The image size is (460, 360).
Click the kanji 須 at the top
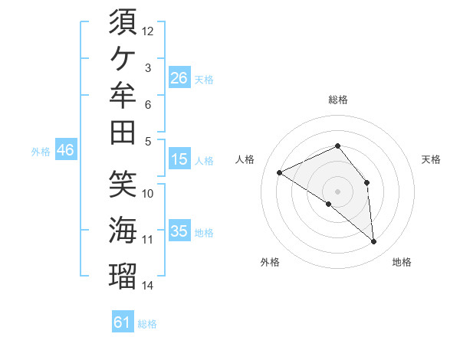pyautogui.click(x=123, y=21)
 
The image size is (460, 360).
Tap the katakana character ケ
pyautogui.click(x=123, y=58)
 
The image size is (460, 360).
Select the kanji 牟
pyautogui.click(x=123, y=95)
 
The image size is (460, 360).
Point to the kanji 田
pyautogui.click(x=123, y=133)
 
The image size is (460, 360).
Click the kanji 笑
pyautogui.click(x=123, y=184)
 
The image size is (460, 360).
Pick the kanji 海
pyautogui.click(x=123, y=230)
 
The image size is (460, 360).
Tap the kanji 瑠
pyautogui.click(x=123, y=276)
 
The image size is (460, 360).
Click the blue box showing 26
pyautogui.click(x=179, y=77)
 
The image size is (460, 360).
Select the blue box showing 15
pyautogui.click(x=179, y=159)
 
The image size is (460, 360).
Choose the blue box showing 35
pyautogui.click(x=179, y=230)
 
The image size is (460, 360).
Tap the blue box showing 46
pyautogui.click(x=66, y=149)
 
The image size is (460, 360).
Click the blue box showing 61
pyautogui.click(x=123, y=321)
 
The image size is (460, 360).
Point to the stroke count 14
pyautogui.click(x=147, y=286)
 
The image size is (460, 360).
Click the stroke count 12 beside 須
pyautogui.click(x=147, y=31)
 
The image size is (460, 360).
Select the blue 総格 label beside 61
pyautogui.click(x=147, y=324)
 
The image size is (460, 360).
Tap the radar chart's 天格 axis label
pyautogui.click(x=431, y=159)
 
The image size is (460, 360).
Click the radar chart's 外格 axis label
pyautogui.click(x=270, y=262)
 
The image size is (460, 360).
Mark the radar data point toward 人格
pyautogui.click(x=280, y=172)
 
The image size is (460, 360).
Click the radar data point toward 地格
pyautogui.click(x=373, y=241)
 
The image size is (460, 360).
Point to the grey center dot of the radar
pyautogui.click(x=337, y=191)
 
